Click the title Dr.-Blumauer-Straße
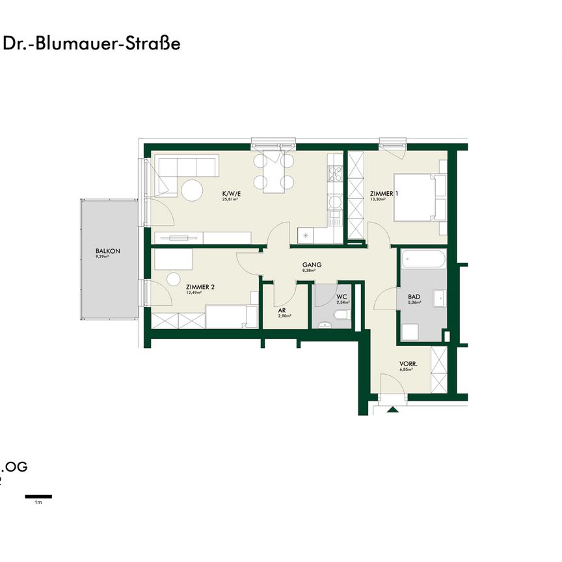coord(92,44)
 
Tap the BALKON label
coord(107,250)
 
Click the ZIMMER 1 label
coord(383,193)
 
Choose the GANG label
coord(312,265)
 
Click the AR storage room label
coord(282,310)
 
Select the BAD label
coord(414,297)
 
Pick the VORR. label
coord(408,364)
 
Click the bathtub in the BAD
coord(423,260)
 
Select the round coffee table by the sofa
coord(192,191)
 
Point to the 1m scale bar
coord(38,496)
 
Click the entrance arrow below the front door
coord(392,410)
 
